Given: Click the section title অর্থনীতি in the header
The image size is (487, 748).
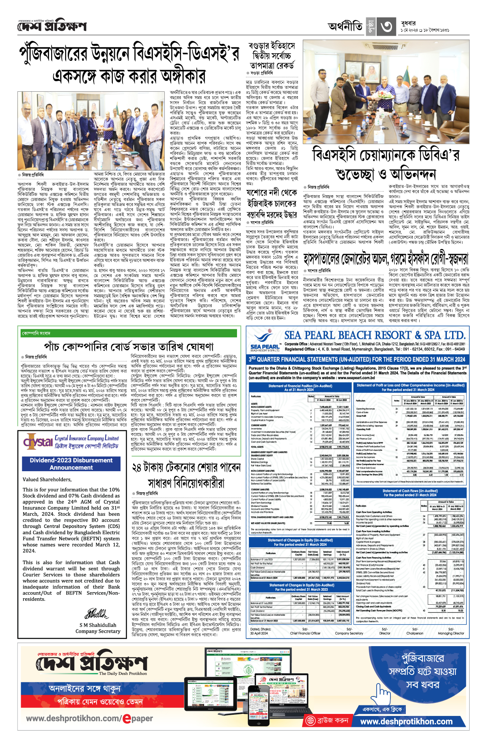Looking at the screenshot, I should click(345, 27).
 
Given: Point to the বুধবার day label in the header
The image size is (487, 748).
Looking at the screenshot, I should click(407, 24).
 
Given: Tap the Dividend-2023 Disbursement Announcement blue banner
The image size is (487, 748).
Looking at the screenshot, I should click(71, 464).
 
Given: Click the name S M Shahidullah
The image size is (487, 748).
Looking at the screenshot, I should click(98, 625).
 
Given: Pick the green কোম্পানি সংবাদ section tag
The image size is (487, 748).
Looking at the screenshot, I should click(37, 333).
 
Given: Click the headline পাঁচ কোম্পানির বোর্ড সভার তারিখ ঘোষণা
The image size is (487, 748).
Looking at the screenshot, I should click(129, 347).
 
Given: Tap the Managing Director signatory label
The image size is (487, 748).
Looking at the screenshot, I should click(451, 633).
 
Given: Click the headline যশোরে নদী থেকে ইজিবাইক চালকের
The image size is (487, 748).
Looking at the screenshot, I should click(272, 198).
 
